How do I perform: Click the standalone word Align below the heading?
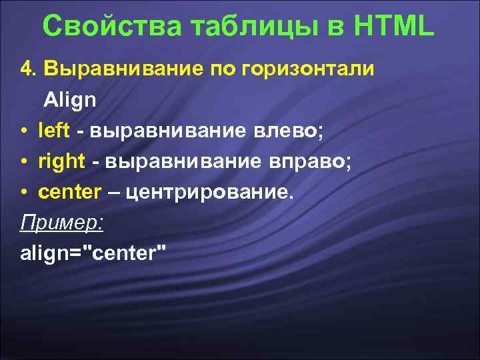(70, 101)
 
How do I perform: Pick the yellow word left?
(53, 131)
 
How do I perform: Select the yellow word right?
(61, 162)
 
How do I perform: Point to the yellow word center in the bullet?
(69, 193)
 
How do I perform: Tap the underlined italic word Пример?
(62, 223)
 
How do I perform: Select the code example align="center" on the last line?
(94, 253)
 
